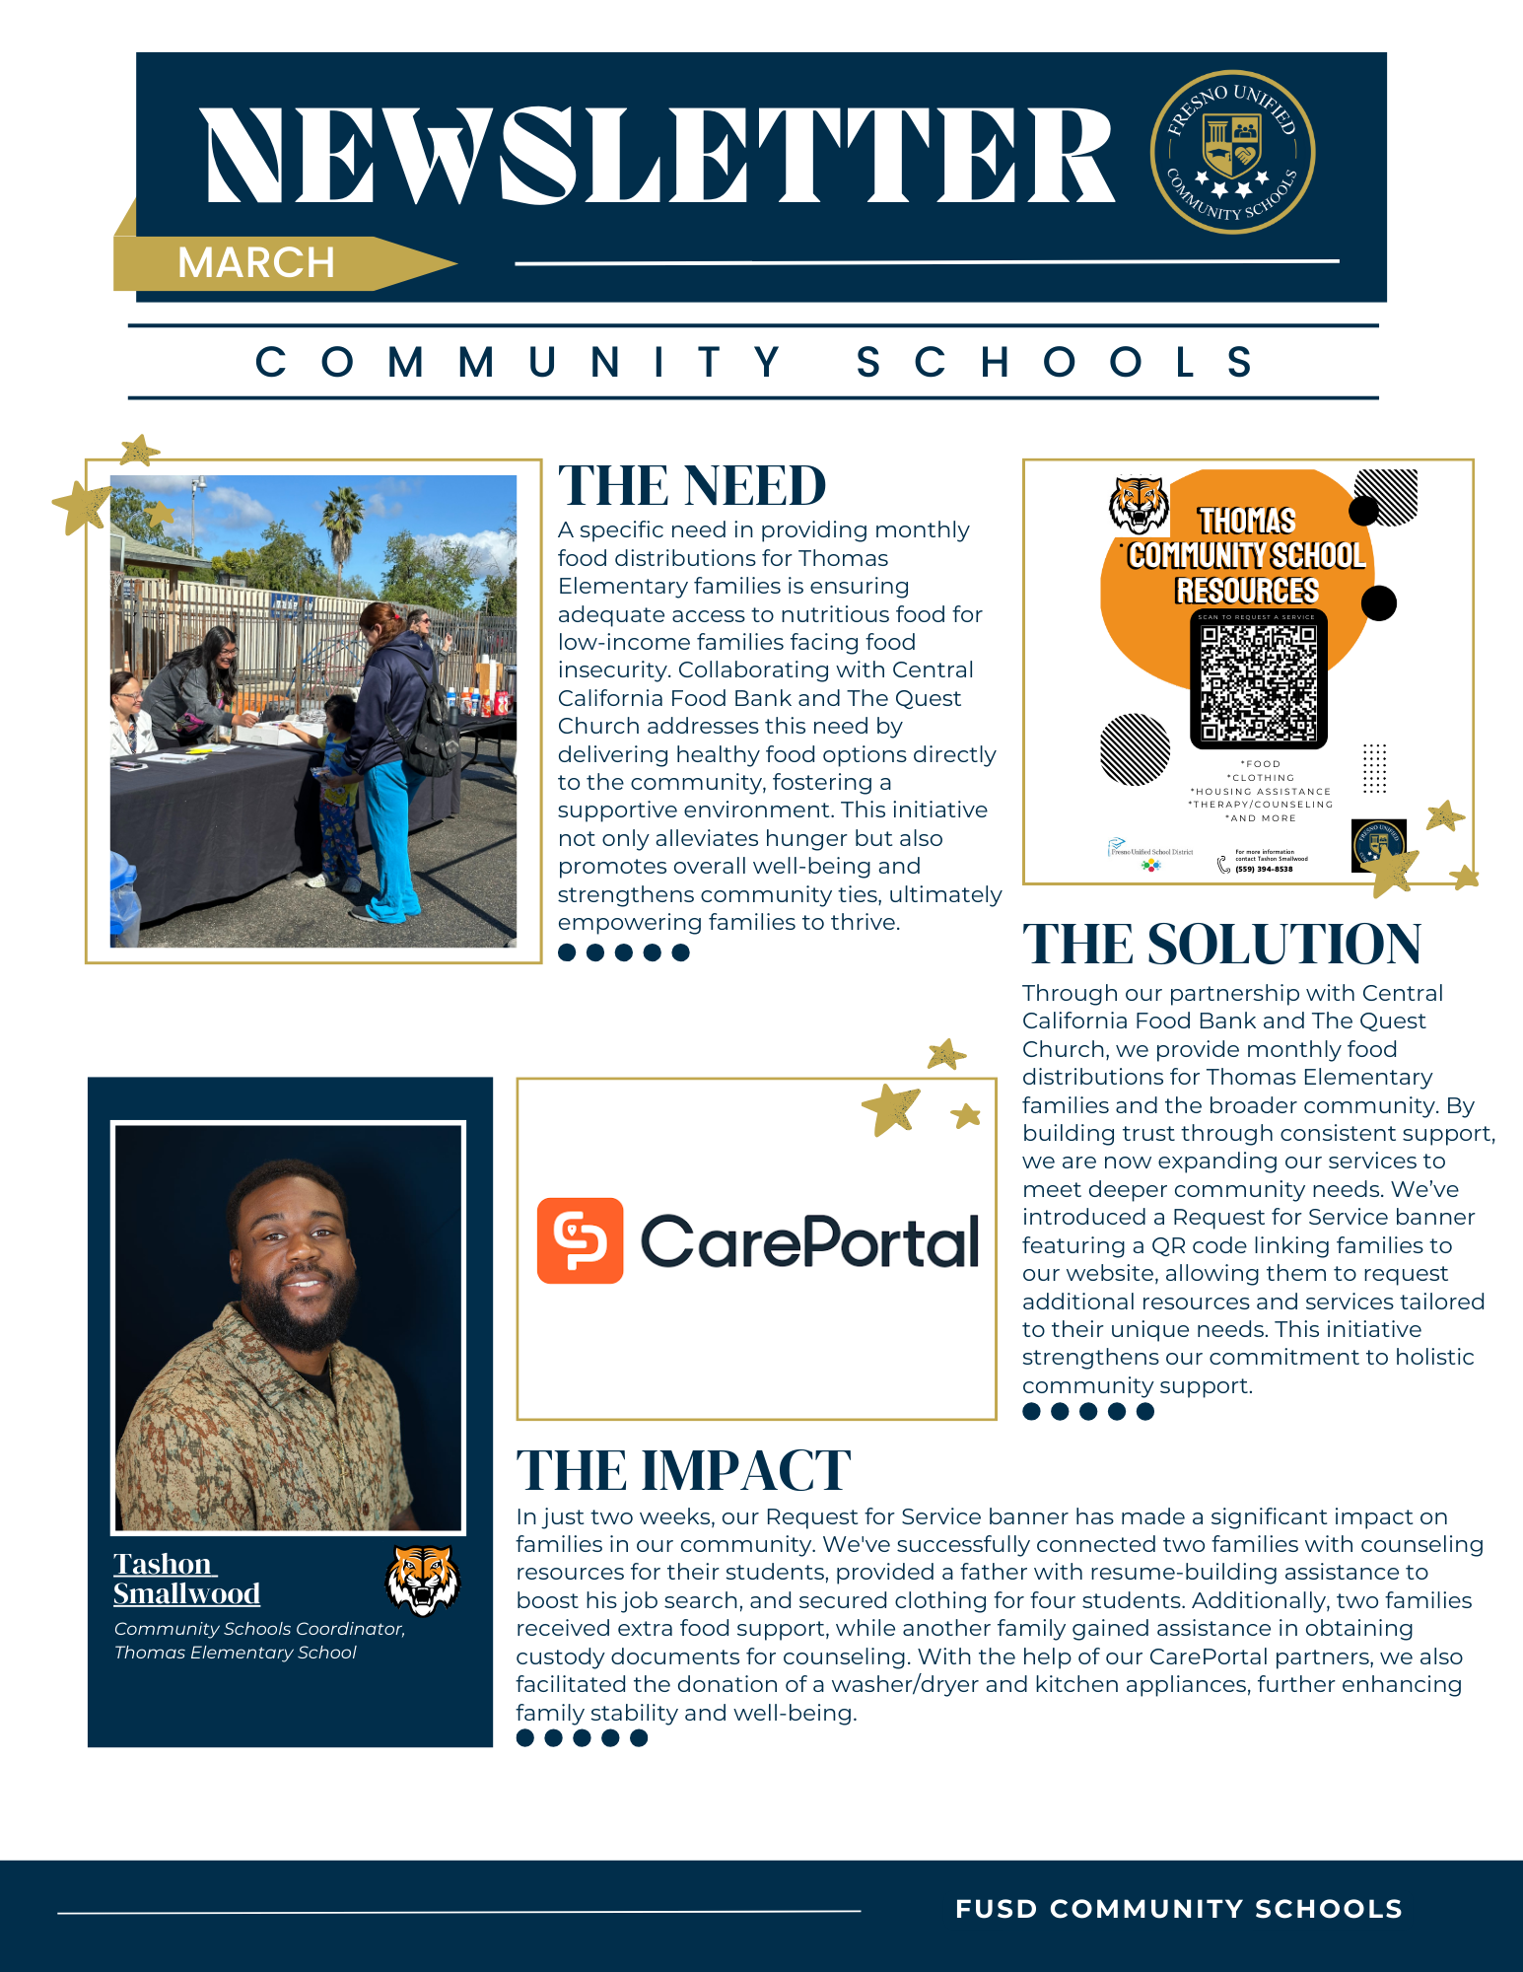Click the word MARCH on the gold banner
coord(256,263)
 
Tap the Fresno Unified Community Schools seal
coord(1232,152)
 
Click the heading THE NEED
coord(692,486)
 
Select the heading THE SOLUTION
coord(1221,945)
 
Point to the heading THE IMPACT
coord(683,1471)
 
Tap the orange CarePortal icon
coord(580,1240)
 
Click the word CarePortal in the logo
coord(809,1241)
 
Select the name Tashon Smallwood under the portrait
coord(186,1579)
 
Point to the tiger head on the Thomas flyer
coord(1139,504)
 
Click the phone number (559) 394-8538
coord(1264,870)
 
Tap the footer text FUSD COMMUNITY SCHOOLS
coord(1179,1909)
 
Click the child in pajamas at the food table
coord(339,789)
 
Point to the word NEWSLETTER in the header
coord(658,156)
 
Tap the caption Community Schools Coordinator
coord(259,1629)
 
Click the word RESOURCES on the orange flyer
coord(1247,591)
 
